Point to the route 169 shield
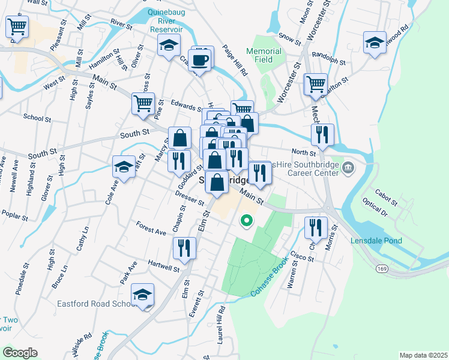tap(382, 269)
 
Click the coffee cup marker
tap(202, 60)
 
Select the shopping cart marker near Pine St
tap(143, 103)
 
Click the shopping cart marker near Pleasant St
tap(17, 26)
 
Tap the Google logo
tap(20, 353)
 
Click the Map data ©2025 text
tap(423, 355)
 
